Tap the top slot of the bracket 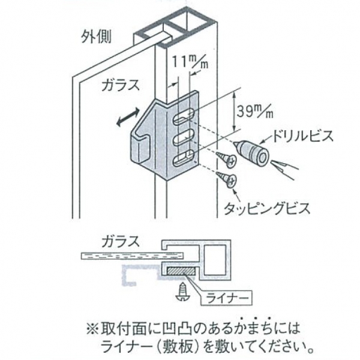tap(184, 117)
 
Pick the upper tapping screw tap(227, 158)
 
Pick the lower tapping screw tap(229, 178)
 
